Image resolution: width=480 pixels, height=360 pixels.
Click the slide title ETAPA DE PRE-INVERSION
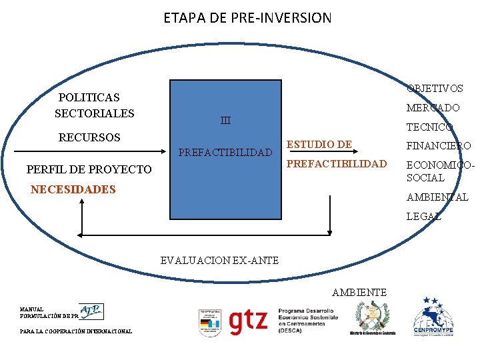click(x=247, y=18)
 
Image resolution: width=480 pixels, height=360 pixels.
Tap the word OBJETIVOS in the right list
click(x=435, y=89)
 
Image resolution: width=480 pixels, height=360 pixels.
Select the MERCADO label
click(x=433, y=107)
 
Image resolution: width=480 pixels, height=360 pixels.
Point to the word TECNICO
click(x=429, y=127)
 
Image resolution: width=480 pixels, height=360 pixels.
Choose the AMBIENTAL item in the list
click(x=437, y=197)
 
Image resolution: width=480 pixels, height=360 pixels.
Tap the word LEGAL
click(x=423, y=217)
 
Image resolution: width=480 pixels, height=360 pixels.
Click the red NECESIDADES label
click(x=73, y=189)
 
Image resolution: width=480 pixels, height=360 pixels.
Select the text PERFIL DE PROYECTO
click(x=89, y=169)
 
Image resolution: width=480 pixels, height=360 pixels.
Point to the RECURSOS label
click(x=89, y=138)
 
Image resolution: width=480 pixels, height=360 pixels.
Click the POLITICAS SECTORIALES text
click(x=93, y=105)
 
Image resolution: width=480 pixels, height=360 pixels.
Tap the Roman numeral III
click(x=225, y=121)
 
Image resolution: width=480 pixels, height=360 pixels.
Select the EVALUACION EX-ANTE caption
click(x=219, y=260)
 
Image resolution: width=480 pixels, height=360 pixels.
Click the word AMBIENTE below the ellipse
click(x=359, y=292)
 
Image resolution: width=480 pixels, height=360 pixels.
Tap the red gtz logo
click(x=247, y=321)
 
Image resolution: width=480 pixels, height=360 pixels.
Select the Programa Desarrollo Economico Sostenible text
click(x=307, y=321)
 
